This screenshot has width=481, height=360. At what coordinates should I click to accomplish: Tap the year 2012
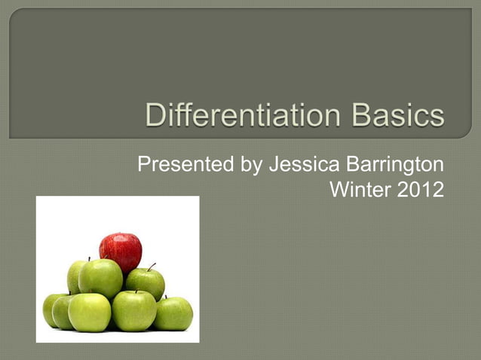pyautogui.click(x=421, y=191)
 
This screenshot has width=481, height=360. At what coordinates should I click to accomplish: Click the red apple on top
pyautogui.click(x=120, y=250)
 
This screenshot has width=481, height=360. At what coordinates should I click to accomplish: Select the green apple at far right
pyautogui.click(x=174, y=313)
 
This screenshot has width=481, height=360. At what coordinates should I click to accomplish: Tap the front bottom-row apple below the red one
pyautogui.click(x=134, y=310)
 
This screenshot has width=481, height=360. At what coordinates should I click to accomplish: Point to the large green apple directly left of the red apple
pyautogui.click(x=100, y=277)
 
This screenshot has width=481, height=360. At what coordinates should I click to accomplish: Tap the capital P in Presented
pyautogui.click(x=143, y=165)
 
